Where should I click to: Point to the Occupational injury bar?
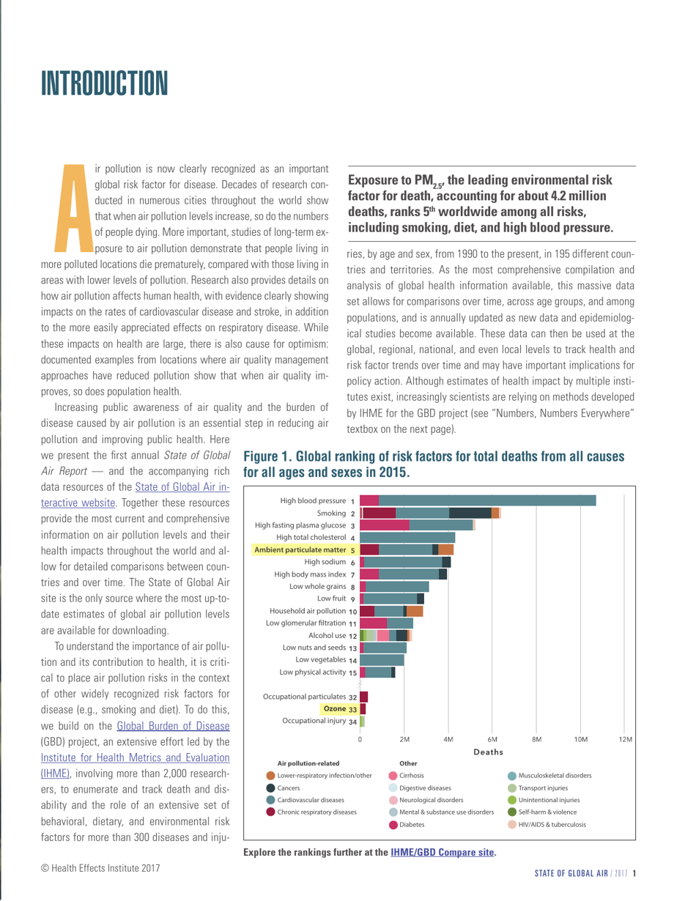(x=362, y=681)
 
